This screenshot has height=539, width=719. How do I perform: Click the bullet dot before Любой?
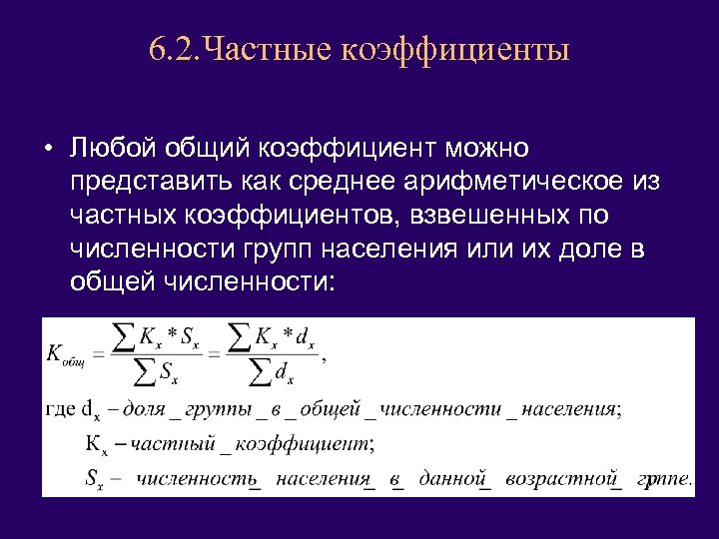(x=48, y=150)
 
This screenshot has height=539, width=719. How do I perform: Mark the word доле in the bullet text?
(x=589, y=249)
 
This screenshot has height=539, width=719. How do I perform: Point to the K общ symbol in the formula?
(x=67, y=355)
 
